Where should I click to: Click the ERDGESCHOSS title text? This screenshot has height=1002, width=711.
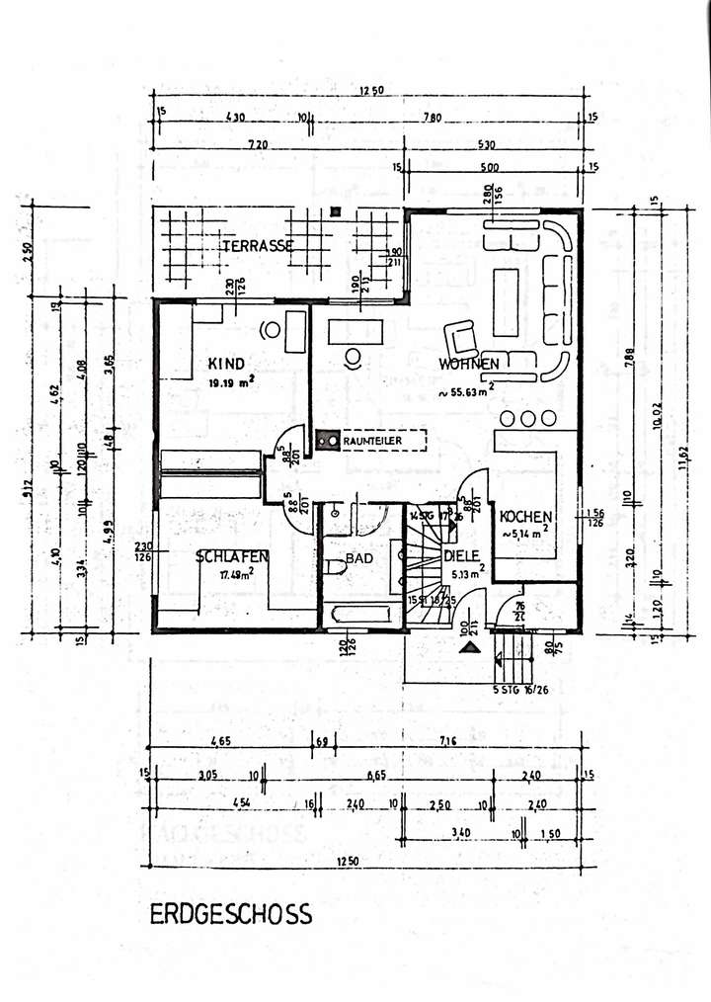(x=231, y=913)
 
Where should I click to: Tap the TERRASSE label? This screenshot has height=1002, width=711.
(x=257, y=246)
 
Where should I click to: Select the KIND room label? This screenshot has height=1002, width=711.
(x=226, y=363)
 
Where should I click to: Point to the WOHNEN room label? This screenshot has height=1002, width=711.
(x=469, y=365)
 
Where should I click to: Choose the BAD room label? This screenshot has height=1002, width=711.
(x=359, y=558)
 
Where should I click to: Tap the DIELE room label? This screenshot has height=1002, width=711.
(x=462, y=556)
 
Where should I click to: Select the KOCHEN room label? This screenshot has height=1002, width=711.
(x=525, y=517)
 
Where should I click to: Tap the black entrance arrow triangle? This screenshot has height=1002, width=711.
(x=472, y=648)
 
